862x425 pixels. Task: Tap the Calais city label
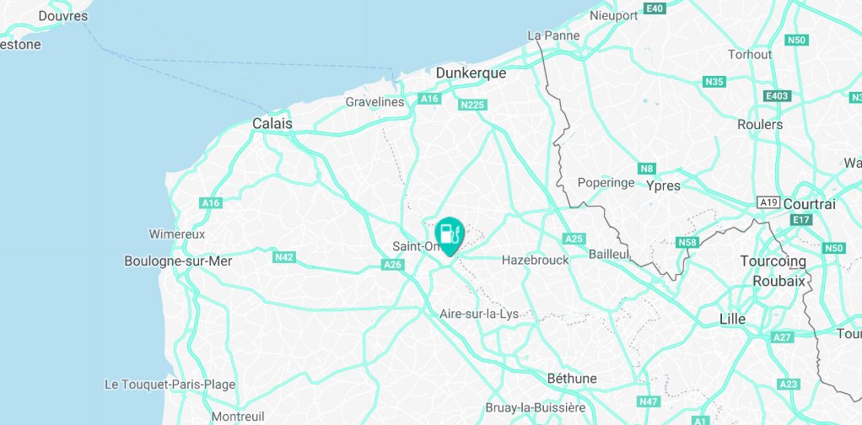point(272,124)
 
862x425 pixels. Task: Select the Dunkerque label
point(471,73)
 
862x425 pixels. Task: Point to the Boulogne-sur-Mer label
point(177,261)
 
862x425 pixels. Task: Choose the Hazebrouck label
point(535,261)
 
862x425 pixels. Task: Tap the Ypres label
point(662,186)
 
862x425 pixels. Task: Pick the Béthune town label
point(572,378)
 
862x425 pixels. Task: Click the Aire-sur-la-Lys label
point(479,314)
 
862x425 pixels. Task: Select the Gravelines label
point(375,102)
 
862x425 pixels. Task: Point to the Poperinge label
point(605,182)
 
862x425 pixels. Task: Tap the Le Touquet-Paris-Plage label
point(170,385)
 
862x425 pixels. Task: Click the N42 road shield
point(284,257)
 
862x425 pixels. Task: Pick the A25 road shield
point(574,239)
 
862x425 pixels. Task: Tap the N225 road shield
point(472,105)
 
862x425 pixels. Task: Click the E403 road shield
point(776,96)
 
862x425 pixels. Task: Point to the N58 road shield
point(688,243)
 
